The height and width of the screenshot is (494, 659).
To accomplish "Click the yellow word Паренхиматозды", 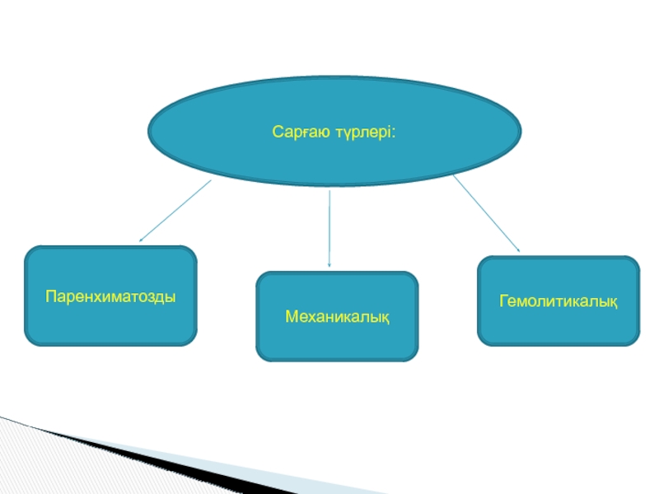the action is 110,295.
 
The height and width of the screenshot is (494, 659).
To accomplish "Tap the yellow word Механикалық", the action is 337,316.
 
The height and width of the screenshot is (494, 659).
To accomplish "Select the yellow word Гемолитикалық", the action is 558,300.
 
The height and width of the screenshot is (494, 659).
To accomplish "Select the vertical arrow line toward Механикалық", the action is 329,226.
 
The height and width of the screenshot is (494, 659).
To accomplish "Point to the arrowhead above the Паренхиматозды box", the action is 142,240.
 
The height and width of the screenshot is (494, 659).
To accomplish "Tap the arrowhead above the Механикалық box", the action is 329,264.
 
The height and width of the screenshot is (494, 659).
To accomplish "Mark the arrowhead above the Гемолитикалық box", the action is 517,249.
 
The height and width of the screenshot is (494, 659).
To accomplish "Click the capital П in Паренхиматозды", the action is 49,295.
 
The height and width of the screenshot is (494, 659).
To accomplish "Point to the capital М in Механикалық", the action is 290,316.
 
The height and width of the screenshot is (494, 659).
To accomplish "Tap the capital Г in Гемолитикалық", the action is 502,300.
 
